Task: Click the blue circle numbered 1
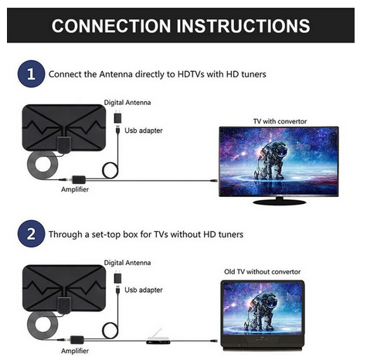click(x=31, y=74)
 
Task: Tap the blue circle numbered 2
click(x=31, y=234)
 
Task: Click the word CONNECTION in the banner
click(x=111, y=25)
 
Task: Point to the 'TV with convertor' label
click(x=280, y=121)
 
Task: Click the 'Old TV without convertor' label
click(x=262, y=272)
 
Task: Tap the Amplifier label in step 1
click(x=75, y=189)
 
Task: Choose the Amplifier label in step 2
click(x=75, y=351)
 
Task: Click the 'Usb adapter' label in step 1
click(x=144, y=131)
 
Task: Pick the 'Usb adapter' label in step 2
click(x=144, y=290)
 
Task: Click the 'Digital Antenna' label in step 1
click(x=127, y=103)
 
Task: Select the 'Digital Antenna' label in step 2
click(x=127, y=263)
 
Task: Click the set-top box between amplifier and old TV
click(x=158, y=340)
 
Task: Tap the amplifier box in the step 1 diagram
click(x=79, y=179)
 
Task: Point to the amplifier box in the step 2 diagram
click(x=77, y=340)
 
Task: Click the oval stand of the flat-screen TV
click(x=279, y=202)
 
